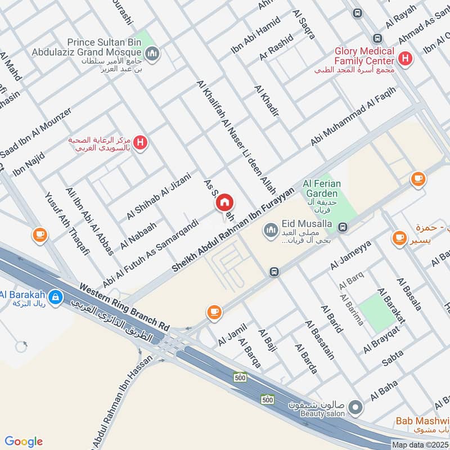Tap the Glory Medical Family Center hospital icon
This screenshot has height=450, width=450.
pos(404,58)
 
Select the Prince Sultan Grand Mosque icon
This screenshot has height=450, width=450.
pos(151,54)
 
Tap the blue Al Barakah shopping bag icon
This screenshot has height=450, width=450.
pos(55,296)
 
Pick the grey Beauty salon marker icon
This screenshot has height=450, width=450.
pos(355,406)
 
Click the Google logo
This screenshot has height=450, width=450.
pos(24,441)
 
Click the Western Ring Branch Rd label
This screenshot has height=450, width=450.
pos(124,307)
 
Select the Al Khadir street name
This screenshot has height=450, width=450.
pos(267,101)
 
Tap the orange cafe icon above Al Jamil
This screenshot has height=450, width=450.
pos(214,311)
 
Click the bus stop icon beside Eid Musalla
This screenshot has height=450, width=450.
pos(342,227)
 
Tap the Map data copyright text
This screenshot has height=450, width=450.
pos(421,444)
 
